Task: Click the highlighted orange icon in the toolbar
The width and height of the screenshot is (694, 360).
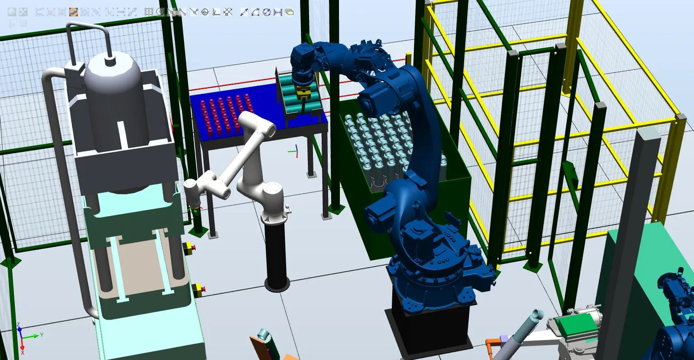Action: tap(74, 12)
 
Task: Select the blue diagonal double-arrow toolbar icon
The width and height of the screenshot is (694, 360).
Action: tap(244, 12)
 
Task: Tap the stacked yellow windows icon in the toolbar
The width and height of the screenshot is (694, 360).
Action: tap(289, 12)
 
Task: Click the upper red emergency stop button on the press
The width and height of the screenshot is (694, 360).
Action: tap(190, 248)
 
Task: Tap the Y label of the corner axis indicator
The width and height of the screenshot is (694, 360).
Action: tap(42, 334)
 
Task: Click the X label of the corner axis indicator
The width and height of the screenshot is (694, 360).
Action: tap(23, 353)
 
